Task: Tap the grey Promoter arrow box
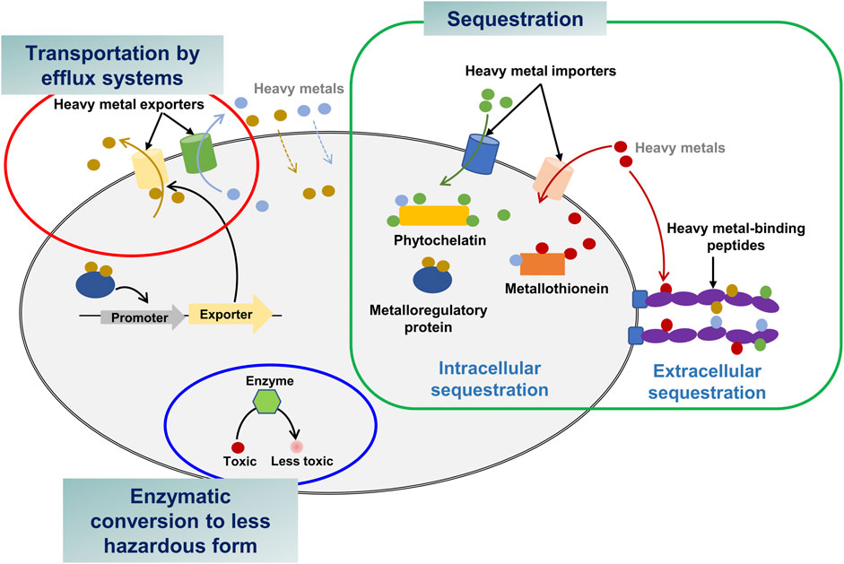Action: coord(133,317)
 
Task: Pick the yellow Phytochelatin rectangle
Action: coord(434,215)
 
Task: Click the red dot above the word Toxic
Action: coord(238,446)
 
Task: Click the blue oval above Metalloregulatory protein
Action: coord(432,279)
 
